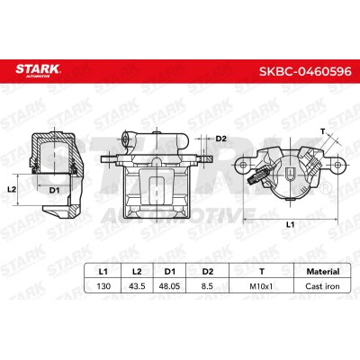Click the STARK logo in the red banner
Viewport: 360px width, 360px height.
(x=38, y=70)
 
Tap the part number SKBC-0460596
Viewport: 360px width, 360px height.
(x=305, y=71)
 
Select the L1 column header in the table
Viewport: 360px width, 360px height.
(x=103, y=272)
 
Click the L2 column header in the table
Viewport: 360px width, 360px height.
(x=137, y=272)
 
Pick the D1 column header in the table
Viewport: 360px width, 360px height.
(x=170, y=272)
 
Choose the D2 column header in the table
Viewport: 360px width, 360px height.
(x=208, y=272)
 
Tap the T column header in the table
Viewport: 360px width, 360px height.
(x=262, y=272)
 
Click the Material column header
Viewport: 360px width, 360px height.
(x=323, y=272)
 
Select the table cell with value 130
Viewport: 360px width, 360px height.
(x=103, y=286)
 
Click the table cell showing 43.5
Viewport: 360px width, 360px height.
(x=137, y=286)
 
